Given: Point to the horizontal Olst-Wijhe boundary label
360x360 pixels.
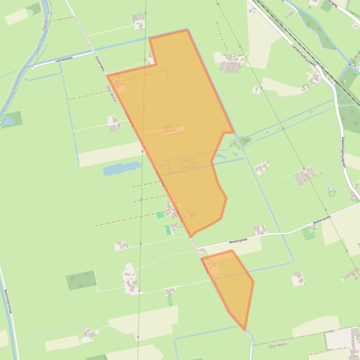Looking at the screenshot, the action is click(x=278, y=345).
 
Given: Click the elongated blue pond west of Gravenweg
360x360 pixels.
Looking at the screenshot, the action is click(x=122, y=168).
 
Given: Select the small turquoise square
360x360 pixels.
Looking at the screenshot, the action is click(x=160, y=215).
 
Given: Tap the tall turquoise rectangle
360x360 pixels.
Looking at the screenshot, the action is click(x=169, y=230).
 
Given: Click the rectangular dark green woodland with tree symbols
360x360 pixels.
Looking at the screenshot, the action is click(x=81, y=280).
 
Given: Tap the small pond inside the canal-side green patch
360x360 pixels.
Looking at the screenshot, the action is click(x=8, y=121).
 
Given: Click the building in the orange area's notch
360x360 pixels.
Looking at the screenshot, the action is click(x=150, y=57).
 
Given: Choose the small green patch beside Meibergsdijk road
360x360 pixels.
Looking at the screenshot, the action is click(x=308, y=233).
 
